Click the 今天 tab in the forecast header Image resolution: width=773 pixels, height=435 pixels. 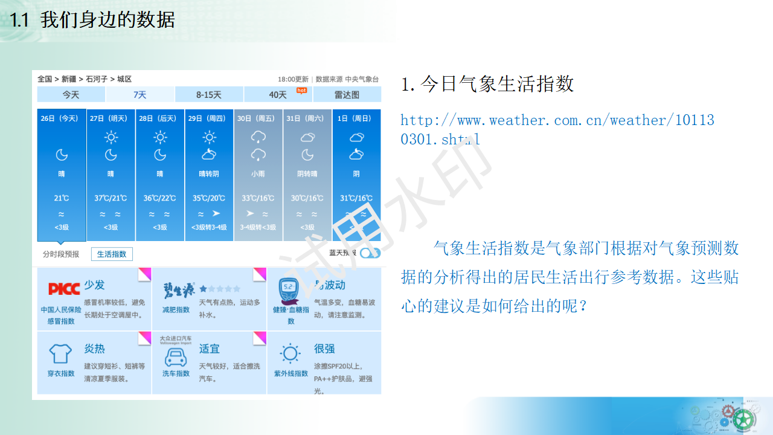(71, 95)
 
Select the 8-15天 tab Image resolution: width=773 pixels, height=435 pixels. (209, 95)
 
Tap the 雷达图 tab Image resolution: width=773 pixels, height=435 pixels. (347, 95)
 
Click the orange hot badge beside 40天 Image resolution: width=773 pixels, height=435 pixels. (301, 91)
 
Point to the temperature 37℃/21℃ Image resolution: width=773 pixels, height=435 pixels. (111, 198)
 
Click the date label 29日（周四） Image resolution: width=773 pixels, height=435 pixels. (209, 118)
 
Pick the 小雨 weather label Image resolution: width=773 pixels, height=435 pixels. (258, 174)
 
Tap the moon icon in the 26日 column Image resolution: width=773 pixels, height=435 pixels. (62, 155)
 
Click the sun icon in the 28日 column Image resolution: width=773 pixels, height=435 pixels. (159, 137)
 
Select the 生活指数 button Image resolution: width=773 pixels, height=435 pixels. (112, 254)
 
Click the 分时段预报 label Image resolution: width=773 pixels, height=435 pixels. (61, 254)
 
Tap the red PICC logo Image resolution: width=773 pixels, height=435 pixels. (63, 289)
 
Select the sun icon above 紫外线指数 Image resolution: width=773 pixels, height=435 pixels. (290, 353)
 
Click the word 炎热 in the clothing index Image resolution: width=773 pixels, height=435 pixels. (94, 349)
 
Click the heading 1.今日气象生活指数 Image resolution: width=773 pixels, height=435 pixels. (487, 84)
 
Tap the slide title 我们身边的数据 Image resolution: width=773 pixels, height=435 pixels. (107, 20)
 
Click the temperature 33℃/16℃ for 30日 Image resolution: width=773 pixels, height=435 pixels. (258, 198)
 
